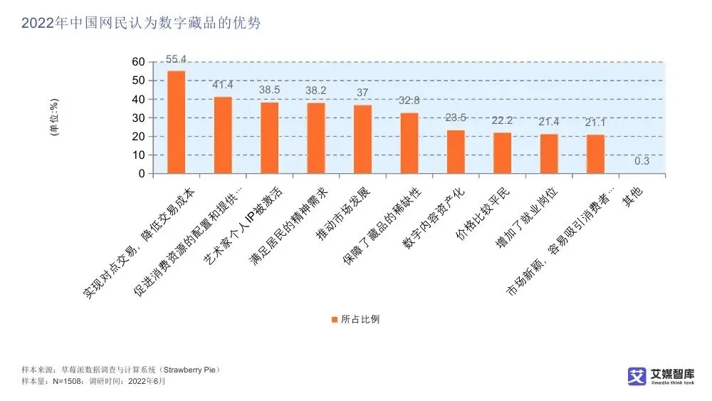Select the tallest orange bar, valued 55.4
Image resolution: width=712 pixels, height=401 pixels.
coord(176,122)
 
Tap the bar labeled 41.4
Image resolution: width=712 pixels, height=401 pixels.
coord(223,135)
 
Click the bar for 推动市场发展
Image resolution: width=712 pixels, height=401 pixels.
coord(363,139)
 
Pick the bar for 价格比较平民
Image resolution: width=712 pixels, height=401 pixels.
coord(503,152)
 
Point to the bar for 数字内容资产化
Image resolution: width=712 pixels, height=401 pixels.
coord(456,152)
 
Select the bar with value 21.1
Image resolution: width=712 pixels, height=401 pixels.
coord(596,154)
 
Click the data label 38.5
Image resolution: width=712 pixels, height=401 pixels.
coord(270,91)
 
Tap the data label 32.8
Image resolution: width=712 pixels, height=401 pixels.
coord(409,100)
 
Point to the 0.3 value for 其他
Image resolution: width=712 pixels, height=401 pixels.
coord(642,161)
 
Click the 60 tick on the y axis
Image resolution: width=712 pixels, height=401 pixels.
coord(138,62)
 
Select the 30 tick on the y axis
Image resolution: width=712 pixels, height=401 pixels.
coord(138,118)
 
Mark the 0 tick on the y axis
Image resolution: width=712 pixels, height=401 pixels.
coord(141,174)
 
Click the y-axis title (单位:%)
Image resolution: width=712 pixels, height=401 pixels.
coord(54,118)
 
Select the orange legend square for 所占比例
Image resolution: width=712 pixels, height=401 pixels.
coord(333,319)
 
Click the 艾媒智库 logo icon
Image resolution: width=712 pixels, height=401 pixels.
coord(636,376)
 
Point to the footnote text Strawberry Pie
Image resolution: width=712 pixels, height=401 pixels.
coord(194,370)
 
